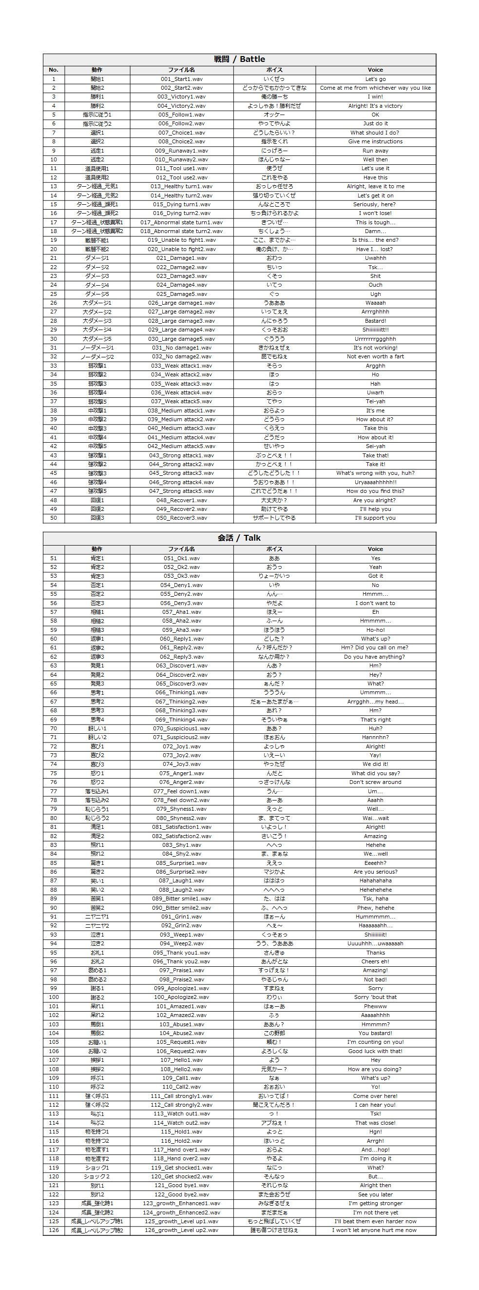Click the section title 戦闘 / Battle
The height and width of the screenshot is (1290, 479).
pos(239,59)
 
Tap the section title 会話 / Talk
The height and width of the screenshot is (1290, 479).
pos(239,538)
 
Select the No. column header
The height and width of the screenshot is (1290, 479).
pos(54,70)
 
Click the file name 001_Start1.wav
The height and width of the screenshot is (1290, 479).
pos(181,79)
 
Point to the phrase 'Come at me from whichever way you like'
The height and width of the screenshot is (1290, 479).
pos(375,88)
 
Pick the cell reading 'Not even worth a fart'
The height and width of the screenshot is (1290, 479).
pos(375,356)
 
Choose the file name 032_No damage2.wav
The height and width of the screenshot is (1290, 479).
pos(181,356)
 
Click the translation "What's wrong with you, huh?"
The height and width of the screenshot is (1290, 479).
pos(375,473)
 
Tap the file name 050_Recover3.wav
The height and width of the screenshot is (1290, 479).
pos(181,518)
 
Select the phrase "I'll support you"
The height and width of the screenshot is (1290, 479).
pos(375,518)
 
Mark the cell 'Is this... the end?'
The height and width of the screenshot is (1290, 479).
pos(375,240)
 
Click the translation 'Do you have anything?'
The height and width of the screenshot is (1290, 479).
pos(375,657)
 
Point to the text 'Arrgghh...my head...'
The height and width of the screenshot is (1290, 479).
pos(375,702)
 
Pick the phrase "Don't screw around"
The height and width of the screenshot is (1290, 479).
pos(375,782)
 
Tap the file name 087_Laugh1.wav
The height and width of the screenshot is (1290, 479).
pos(181,880)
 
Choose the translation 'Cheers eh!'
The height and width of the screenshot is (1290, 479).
pos(375,961)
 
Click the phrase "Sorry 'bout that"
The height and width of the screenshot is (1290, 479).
pos(375,997)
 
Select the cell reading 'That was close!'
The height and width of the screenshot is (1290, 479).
pos(375,1123)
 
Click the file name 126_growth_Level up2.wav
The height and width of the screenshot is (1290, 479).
pos(181,1230)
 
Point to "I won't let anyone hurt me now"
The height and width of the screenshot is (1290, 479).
pos(375,1230)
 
